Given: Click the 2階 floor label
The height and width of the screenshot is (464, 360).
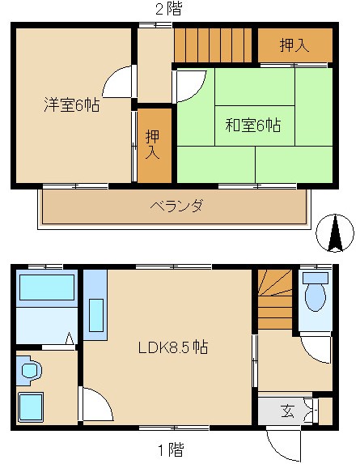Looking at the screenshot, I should [168, 9].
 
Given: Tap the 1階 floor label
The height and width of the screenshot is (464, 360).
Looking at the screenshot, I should [169, 449].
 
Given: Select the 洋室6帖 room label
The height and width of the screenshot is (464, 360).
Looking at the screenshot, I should [71, 104].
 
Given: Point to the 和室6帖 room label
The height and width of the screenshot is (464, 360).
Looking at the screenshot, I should [253, 126].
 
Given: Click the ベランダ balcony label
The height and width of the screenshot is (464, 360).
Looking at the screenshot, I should [176, 206].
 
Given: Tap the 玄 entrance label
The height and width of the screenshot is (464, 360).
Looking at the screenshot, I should [287, 410].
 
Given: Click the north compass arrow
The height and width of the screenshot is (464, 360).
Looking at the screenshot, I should [334, 233].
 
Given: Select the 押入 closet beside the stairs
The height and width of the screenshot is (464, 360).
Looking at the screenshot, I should [294, 45].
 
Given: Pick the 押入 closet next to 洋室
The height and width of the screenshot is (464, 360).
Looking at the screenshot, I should [154, 143].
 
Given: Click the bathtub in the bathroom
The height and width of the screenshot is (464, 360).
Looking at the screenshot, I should [46, 288].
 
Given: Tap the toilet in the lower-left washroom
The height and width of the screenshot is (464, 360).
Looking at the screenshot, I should [30, 371].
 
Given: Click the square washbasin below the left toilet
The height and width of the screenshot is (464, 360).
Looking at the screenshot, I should [32, 407].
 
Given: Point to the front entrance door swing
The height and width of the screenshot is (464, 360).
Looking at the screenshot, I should [285, 444].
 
